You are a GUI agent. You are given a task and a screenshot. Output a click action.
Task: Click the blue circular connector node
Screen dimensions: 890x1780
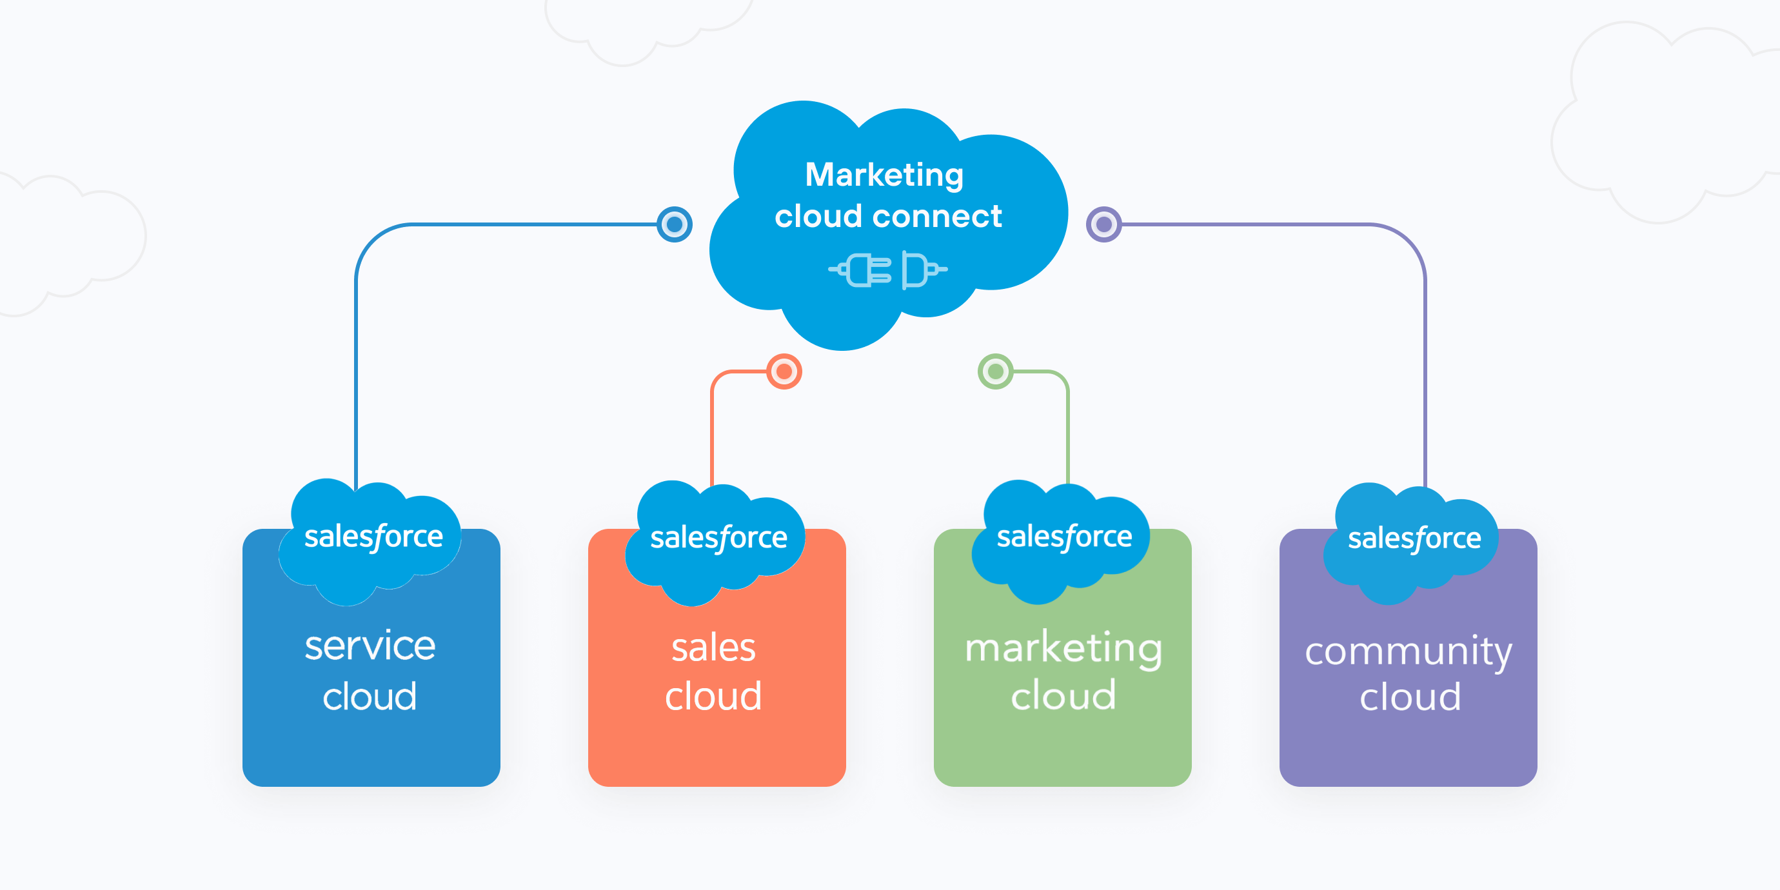tap(675, 224)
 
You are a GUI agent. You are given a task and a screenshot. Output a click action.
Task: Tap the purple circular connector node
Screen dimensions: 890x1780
tap(1103, 224)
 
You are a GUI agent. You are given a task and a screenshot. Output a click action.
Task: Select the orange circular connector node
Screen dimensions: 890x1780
tap(784, 371)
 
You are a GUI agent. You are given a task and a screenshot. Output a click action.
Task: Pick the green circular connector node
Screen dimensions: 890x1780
tap(995, 371)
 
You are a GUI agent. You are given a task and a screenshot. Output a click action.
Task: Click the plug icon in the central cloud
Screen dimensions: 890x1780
tap(888, 270)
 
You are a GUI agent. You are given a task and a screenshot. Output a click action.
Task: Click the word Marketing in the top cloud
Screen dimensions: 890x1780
tap(884, 175)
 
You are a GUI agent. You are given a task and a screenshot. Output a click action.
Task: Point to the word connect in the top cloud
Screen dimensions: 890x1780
tap(937, 217)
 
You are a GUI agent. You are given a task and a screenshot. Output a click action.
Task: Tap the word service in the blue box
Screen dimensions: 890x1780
tap(370, 646)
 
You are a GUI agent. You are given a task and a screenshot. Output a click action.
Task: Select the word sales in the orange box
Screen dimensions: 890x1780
tap(714, 648)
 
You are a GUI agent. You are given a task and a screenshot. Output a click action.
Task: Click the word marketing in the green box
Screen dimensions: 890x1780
tap(1063, 648)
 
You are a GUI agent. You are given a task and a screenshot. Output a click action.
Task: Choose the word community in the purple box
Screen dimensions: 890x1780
tap(1409, 651)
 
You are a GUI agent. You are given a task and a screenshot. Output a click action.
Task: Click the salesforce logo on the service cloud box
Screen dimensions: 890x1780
tap(373, 537)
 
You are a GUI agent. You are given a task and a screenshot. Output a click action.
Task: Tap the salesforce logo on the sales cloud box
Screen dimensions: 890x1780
tap(718, 539)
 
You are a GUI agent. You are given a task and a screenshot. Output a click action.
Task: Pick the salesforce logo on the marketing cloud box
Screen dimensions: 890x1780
tap(1064, 537)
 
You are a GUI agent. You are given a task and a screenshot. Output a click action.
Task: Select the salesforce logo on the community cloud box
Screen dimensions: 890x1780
tap(1414, 539)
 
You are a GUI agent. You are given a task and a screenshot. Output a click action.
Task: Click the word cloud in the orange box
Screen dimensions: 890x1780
tap(714, 696)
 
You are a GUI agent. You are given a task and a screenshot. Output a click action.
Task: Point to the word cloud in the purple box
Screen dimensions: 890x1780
tap(1410, 697)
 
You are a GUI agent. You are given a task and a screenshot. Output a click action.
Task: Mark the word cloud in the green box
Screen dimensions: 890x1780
tap(1063, 695)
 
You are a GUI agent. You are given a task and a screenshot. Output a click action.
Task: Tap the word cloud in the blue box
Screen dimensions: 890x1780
tap(370, 696)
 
